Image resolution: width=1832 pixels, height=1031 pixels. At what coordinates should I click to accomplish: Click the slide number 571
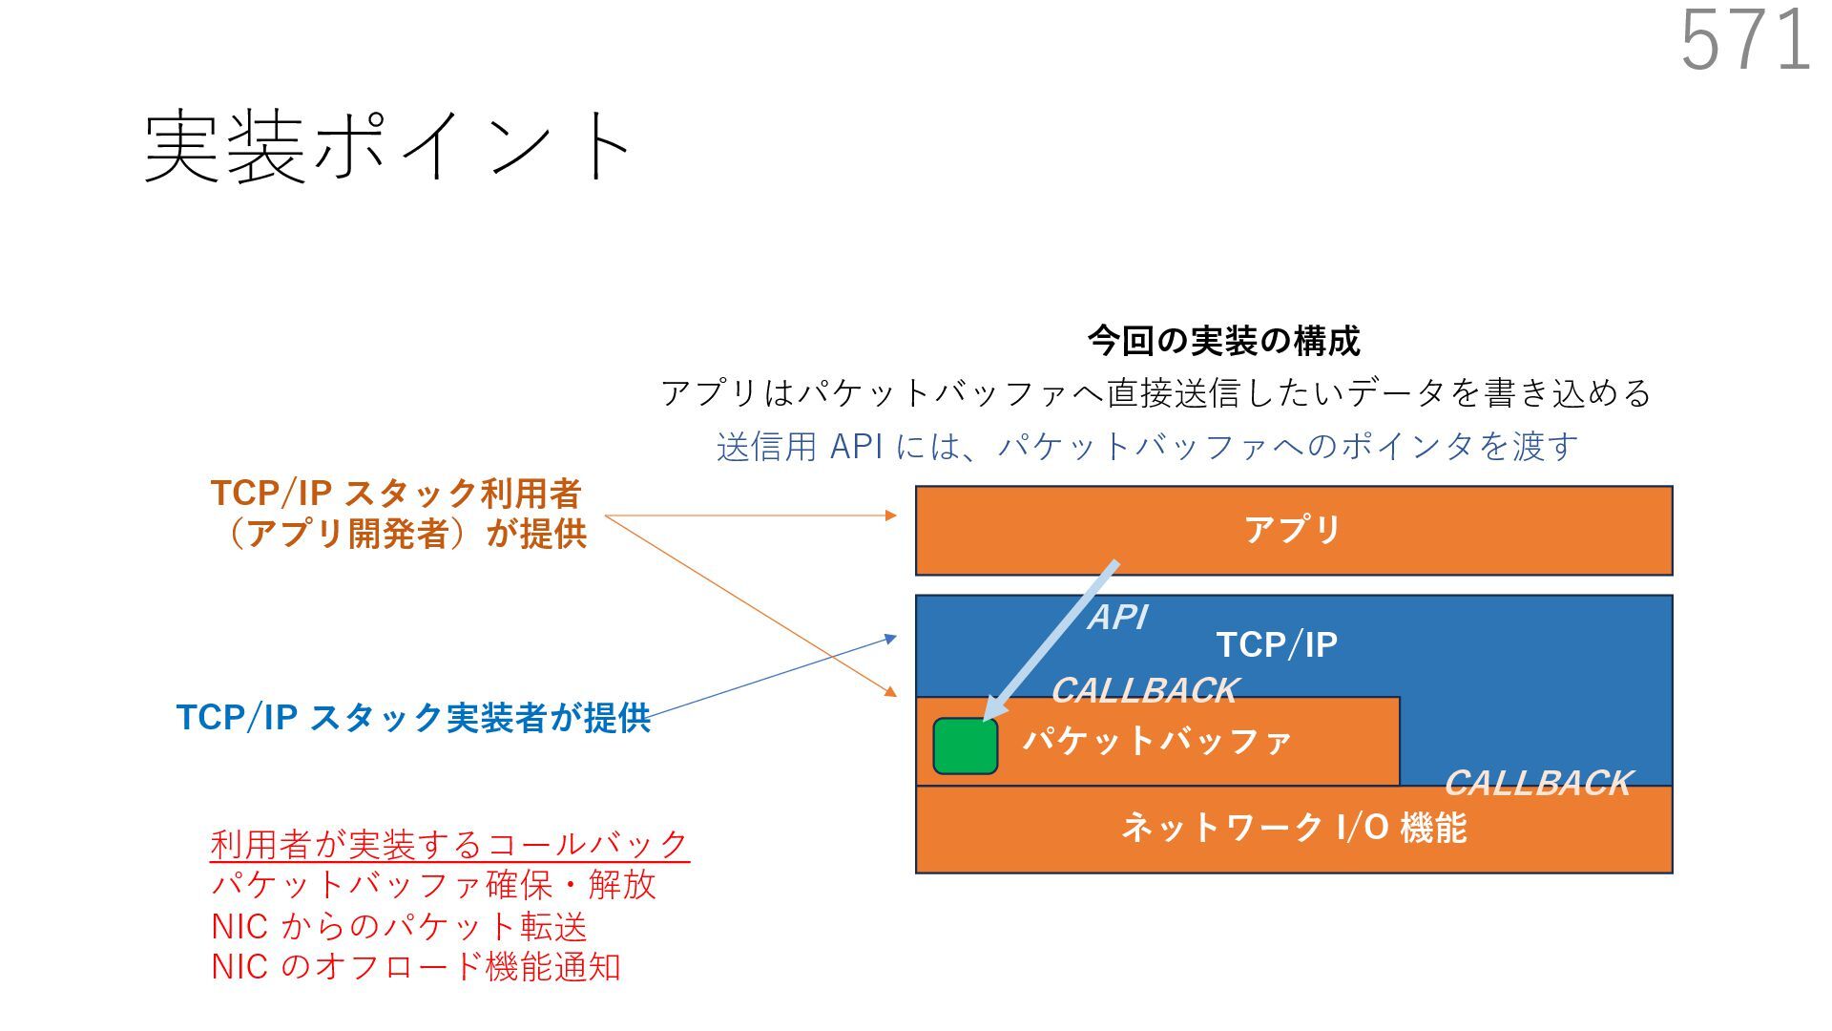pyautogui.click(x=1745, y=40)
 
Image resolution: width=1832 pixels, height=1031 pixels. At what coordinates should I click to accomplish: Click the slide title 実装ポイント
pyautogui.click(x=386, y=146)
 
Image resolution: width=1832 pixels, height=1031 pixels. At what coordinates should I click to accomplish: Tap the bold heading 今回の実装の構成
pyautogui.click(x=1223, y=341)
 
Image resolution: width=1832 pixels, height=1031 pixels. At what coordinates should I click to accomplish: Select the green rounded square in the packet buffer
pyautogui.click(x=966, y=746)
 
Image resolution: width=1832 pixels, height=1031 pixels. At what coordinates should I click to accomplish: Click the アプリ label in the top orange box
pyautogui.click(x=1293, y=529)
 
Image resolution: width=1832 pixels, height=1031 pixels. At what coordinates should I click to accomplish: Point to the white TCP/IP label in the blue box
pyautogui.click(x=1277, y=645)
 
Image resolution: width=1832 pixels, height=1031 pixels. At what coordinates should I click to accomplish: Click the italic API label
pyautogui.click(x=1118, y=618)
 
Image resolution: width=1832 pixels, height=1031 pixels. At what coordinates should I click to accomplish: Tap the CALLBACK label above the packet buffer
pyautogui.click(x=1144, y=690)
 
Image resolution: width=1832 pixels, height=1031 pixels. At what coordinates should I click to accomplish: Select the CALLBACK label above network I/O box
pyautogui.click(x=1537, y=784)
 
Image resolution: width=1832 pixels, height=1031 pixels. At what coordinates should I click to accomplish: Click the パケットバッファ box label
pyautogui.click(x=1157, y=741)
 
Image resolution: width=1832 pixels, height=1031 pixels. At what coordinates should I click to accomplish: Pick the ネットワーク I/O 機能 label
pyautogui.click(x=1293, y=828)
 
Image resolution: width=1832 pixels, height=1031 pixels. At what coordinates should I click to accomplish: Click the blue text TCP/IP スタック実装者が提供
pyautogui.click(x=413, y=718)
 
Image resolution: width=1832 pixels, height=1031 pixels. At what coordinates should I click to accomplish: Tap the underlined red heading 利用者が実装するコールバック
pyautogui.click(x=449, y=845)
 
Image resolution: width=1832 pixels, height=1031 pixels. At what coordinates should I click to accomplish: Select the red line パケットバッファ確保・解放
pyautogui.click(x=433, y=885)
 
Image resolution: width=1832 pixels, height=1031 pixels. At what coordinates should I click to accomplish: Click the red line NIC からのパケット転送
pyautogui.click(x=399, y=927)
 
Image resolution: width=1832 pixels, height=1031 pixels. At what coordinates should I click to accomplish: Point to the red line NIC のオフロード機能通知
pyautogui.click(x=416, y=967)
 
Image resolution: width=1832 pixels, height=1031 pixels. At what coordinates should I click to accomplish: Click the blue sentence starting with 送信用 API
pyautogui.click(x=1147, y=447)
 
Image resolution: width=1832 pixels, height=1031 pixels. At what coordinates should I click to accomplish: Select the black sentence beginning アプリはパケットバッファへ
pyautogui.click(x=1155, y=393)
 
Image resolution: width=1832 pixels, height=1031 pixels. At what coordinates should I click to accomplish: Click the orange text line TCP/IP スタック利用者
pyautogui.click(x=396, y=494)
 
